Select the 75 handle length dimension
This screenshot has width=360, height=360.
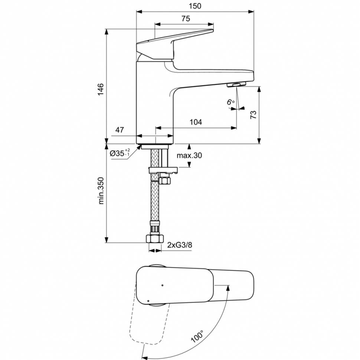pyautogui.click(x=186, y=18)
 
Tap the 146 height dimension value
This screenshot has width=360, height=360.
pyautogui.click(x=101, y=89)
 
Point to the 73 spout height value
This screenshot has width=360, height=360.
pyautogui.click(x=253, y=115)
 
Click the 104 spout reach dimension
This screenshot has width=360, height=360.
pyautogui.click(x=196, y=122)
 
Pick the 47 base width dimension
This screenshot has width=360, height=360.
pyautogui.click(x=120, y=130)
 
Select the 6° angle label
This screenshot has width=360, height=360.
pyautogui.click(x=231, y=102)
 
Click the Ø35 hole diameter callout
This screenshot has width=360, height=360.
pyautogui.click(x=120, y=153)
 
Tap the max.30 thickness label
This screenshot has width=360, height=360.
pyautogui.click(x=189, y=156)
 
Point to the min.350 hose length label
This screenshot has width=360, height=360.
pyautogui.click(x=101, y=190)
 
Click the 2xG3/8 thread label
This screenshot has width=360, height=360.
pyautogui.click(x=180, y=245)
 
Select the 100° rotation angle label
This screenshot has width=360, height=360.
pyautogui.click(x=197, y=337)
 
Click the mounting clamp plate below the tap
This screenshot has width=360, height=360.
pyautogui.click(x=163, y=170)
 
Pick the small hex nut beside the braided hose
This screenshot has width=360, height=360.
pyautogui.click(x=165, y=180)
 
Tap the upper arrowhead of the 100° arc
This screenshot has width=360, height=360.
pyautogui.click(x=228, y=288)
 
